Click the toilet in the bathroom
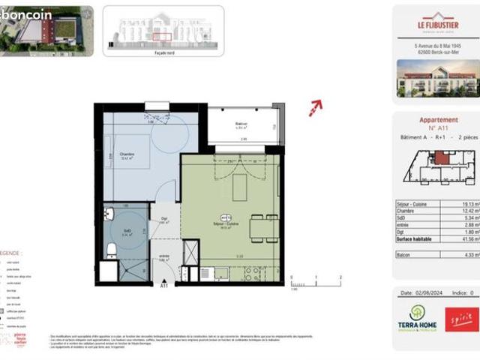pyautogui.click(x=110, y=250)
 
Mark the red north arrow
pyautogui.click(x=315, y=108)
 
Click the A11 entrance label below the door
pyautogui.click(x=164, y=286)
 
